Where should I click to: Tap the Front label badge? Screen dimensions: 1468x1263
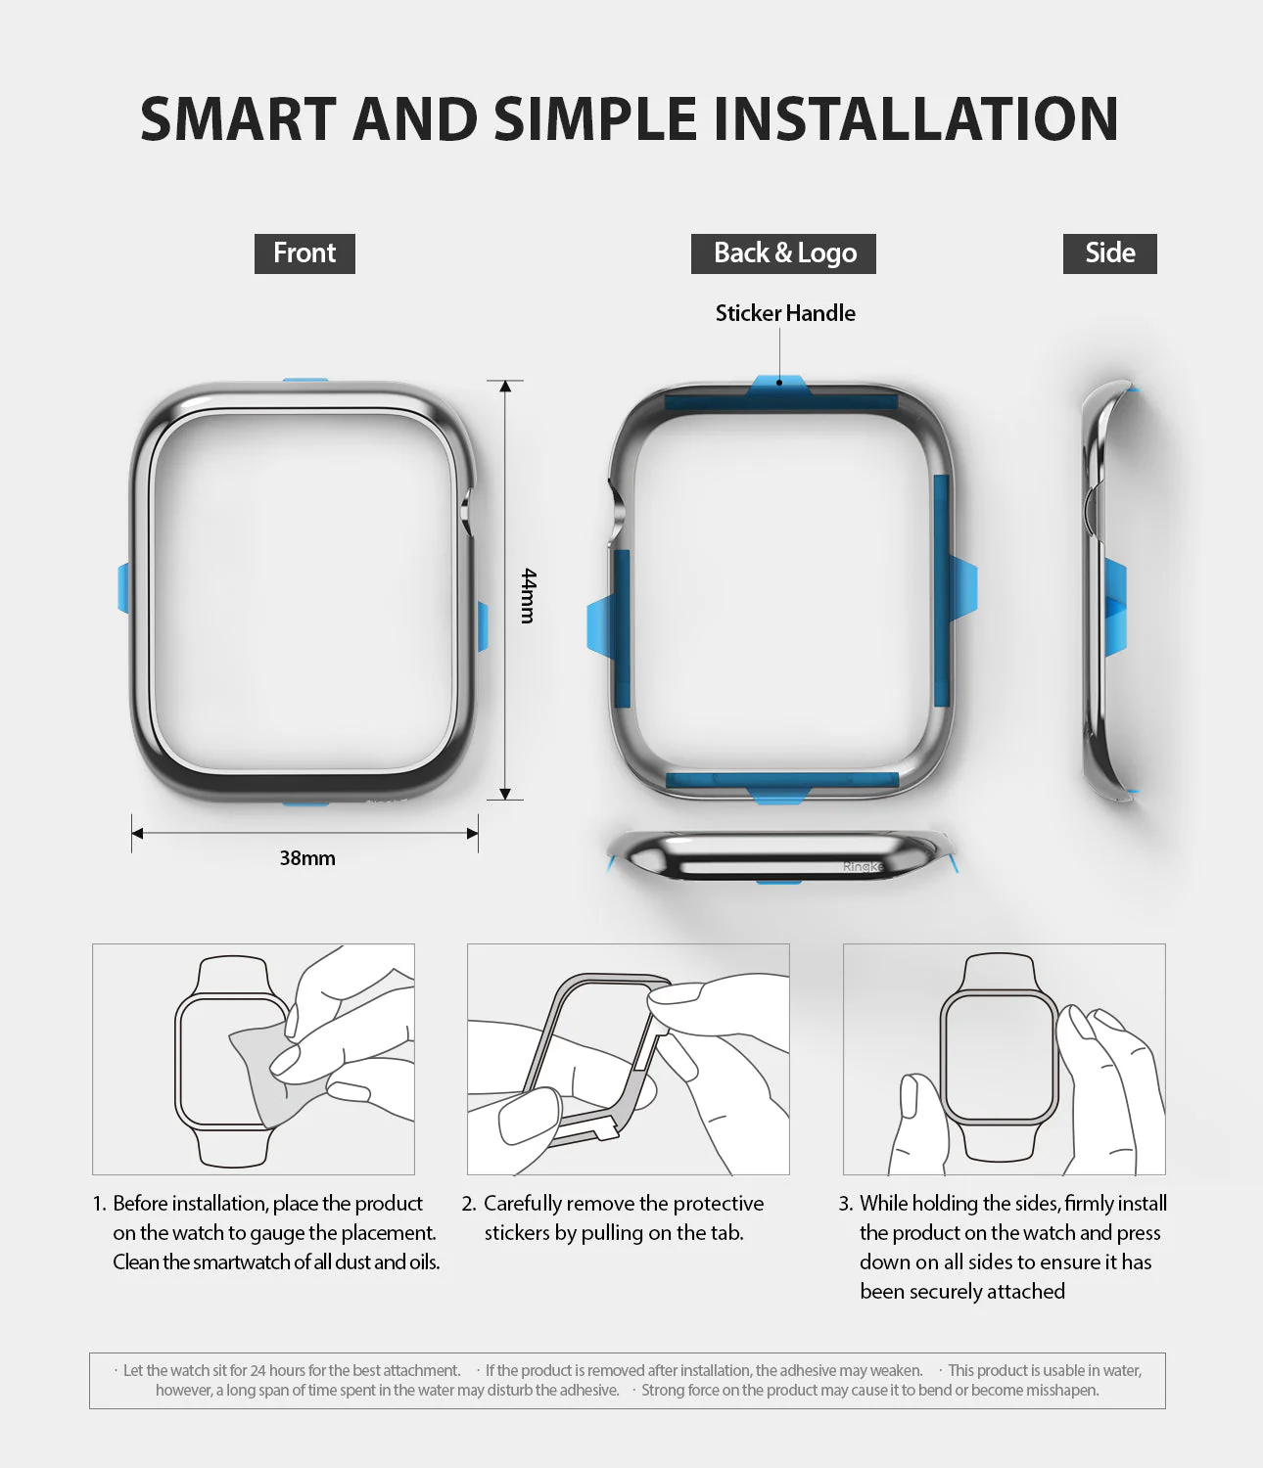(x=304, y=253)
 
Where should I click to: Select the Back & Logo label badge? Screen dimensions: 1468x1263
(x=783, y=253)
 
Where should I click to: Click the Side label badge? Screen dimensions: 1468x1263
(x=1109, y=253)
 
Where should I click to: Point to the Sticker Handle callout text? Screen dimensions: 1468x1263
(x=785, y=313)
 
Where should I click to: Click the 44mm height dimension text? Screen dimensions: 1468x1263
(x=529, y=595)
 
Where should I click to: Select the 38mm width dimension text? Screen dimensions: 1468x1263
(x=307, y=858)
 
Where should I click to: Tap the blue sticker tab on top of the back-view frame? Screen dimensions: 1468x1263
(x=779, y=386)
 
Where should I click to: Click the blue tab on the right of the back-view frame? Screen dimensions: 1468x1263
(x=962, y=590)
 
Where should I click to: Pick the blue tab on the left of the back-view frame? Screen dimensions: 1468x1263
(x=599, y=626)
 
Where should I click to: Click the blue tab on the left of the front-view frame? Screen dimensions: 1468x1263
(x=123, y=588)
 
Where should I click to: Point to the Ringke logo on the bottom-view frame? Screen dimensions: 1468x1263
(x=863, y=866)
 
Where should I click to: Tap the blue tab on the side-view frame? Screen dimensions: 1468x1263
(x=1115, y=607)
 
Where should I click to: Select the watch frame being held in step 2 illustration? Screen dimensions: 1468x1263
(x=587, y=1057)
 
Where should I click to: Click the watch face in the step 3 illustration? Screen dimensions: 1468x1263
(x=998, y=1056)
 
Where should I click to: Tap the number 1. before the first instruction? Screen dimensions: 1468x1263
(x=100, y=1204)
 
